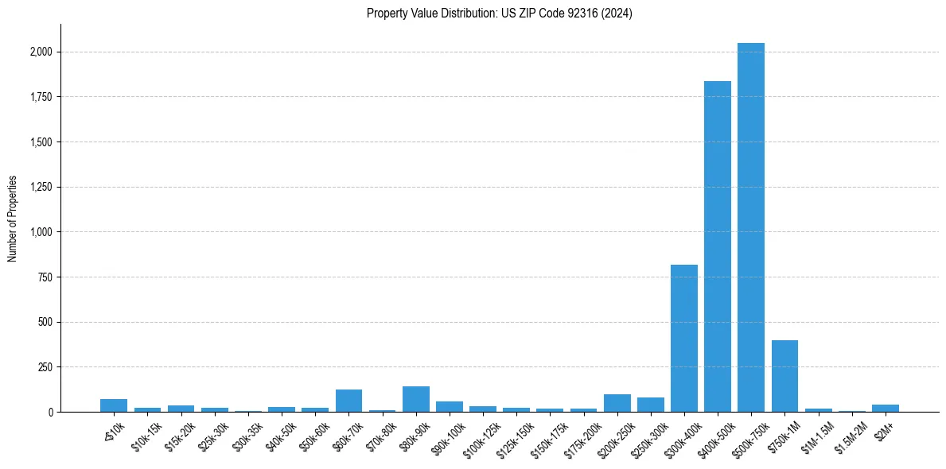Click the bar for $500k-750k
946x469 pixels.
(x=751, y=227)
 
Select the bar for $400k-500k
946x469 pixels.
(x=718, y=246)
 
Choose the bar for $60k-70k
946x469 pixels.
(x=349, y=401)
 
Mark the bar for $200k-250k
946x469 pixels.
(x=617, y=403)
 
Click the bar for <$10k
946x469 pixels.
(x=114, y=405)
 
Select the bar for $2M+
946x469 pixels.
(x=886, y=408)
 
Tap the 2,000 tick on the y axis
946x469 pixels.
(x=43, y=52)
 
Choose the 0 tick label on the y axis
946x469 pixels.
(x=50, y=412)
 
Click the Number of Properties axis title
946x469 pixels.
(x=13, y=219)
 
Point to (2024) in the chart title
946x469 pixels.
(x=618, y=14)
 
